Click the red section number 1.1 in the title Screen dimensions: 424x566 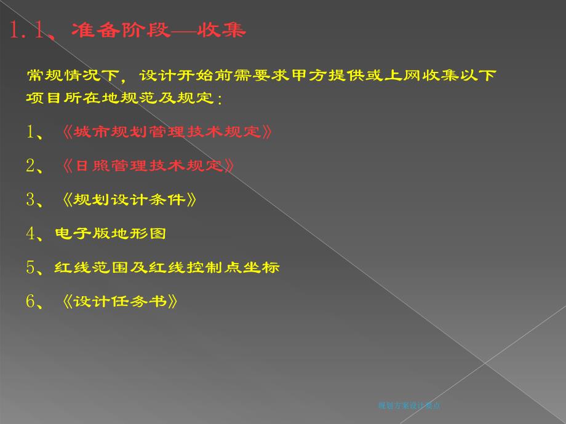tap(28, 30)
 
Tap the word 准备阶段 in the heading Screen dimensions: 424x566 tap(120, 30)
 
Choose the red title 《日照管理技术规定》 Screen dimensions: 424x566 tap(149, 165)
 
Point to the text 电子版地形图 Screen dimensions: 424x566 tap(111, 234)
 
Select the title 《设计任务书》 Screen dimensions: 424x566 tap(121, 301)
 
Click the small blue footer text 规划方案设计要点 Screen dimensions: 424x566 tap(409, 405)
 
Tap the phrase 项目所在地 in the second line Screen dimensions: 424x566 tap(64, 98)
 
